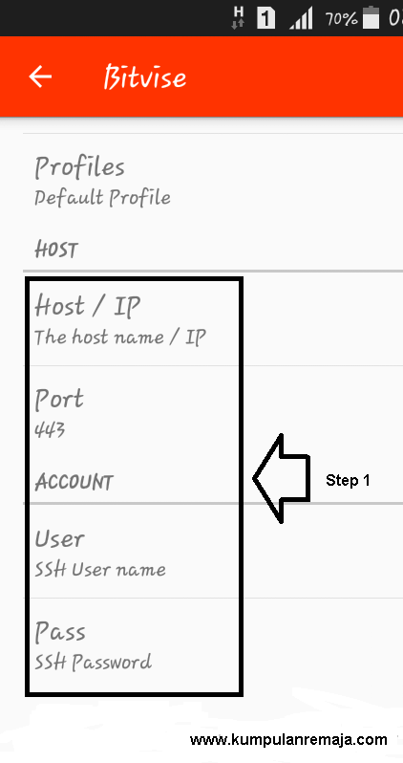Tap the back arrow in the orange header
[x=40, y=76]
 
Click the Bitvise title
[x=145, y=76]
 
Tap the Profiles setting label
[x=79, y=168]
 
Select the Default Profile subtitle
[x=102, y=198]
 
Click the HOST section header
[x=56, y=251]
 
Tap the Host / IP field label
[x=88, y=307]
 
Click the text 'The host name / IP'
[x=120, y=337]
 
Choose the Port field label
[x=59, y=400]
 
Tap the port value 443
[x=50, y=429]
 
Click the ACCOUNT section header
[x=74, y=482]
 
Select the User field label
[x=59, y=539]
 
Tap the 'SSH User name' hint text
[x=100, y=569]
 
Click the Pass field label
[x=60, y=632]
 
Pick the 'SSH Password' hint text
[x=93, y=663]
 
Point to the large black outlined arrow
[x=282, y=479]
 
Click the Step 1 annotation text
[x=348, y=480]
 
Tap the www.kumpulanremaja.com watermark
[x=288, y=740]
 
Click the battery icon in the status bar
[x=371, y=17]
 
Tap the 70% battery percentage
[x=341, y=18]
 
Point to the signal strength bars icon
[x=301, y=19]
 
